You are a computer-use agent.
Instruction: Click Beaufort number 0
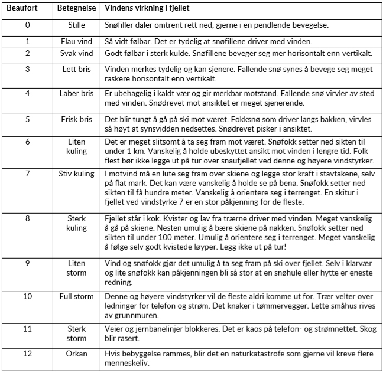27,26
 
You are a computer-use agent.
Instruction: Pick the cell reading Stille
76,26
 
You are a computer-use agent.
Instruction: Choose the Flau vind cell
76,42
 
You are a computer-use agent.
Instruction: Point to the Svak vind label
76,53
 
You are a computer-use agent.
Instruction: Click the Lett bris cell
76,69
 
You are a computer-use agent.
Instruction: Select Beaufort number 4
27,93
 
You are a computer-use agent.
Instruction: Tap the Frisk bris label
76,118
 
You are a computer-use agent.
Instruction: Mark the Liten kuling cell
76,146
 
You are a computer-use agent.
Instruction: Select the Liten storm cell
76,267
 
